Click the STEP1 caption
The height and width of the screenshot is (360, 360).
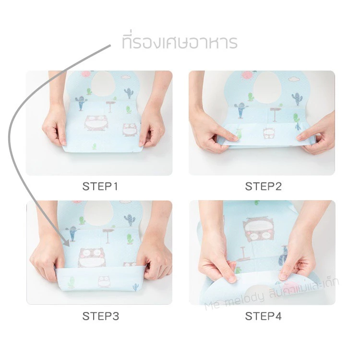[x=100, y=186]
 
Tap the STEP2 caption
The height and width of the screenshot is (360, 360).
[x=263, y=186]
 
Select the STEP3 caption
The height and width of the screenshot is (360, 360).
[x=101, y=316]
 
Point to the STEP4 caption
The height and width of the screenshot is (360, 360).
[x=263, y=316]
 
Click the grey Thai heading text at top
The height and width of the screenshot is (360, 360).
[x=180, y=42]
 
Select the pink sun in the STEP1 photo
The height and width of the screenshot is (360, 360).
[x=86, y=74]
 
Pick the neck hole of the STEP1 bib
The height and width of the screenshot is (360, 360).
[x=103, y=84]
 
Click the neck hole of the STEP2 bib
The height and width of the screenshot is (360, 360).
[x=268, y=87]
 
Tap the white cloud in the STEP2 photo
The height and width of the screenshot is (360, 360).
[x=294, y=79]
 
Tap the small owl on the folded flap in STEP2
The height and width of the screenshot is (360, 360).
[x=269, y=133]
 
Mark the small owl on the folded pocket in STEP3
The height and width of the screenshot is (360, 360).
[x=104, y=282]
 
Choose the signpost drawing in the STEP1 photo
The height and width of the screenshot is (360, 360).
[x=110, y=107]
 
